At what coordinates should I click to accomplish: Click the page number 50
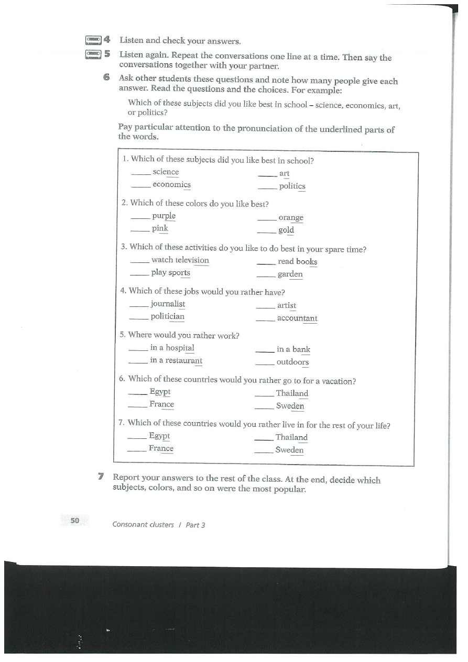(x=74, y=520)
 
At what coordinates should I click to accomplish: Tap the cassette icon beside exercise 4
(x=93, y=39)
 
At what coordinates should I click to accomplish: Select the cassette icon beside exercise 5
(x=93, y=53)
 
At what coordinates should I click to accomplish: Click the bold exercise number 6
(x=106, y=77)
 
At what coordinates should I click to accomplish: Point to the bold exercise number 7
(x=101, y=477)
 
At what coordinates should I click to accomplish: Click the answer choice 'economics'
(x=171, y=184)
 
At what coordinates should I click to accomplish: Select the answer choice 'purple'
(x=164, y=216)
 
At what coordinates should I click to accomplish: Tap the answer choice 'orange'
(x=291, y=217)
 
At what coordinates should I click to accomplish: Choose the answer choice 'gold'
(x=286, y=230)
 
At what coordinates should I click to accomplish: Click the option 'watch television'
(x=180, y=260)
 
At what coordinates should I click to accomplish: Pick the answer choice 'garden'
(x=290, y=274)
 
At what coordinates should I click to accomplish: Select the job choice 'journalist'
(x=168, y=304)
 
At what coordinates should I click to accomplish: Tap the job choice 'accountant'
(x=297, y=318)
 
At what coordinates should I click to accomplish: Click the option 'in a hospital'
(x=172, y=348)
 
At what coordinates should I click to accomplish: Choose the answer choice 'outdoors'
(x=292, y=362)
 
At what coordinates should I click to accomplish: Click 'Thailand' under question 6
(x=292, y=393)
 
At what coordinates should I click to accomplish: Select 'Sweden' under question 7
(x=289, y=450)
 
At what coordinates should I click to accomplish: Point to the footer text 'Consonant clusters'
(x=143, y=524)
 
